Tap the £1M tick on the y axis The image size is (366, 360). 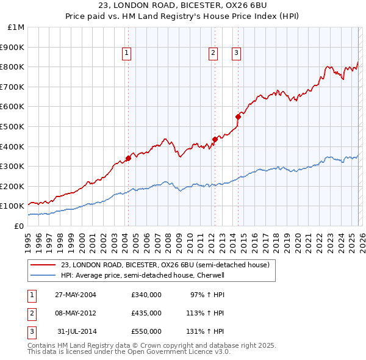(x=16, y=27)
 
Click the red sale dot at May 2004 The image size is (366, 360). (x=128, y=159)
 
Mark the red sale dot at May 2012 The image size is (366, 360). (x=215, y=140)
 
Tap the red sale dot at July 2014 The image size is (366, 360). (x=238, y=117)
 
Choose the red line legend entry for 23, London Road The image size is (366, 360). (x=165, y=264)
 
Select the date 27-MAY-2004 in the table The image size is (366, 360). (x=76, y=295)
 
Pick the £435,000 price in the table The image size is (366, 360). (x=146, y=313)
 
